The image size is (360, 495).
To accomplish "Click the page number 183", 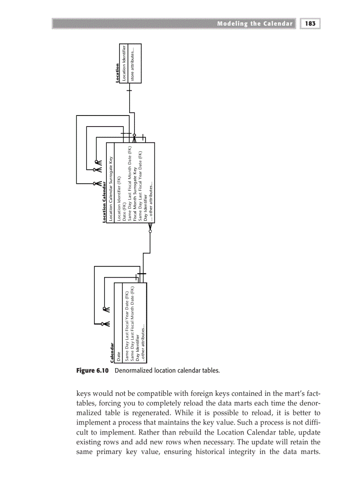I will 310,24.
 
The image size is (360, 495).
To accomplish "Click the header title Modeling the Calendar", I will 255,24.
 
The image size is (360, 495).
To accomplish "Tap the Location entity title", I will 118,73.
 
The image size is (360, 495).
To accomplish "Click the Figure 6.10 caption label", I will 94,371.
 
